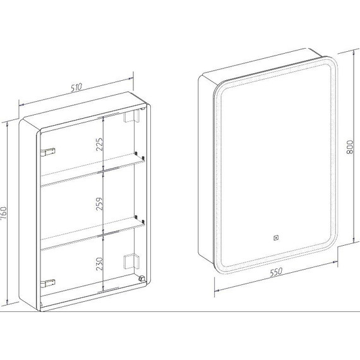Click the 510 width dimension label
pyautogui.click(x=76, y=88)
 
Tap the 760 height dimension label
pyautogui.click(x=4, y=213)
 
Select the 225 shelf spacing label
pyautogui.click(x=99, y=144)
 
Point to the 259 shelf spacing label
pyautogui.click(x=99, y=204)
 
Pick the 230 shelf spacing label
pyautogui.click(x=99, y=264)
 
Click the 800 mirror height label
pyautogui.click(x=350, y=147)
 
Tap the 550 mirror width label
pyautogui.click(x=276, y=272)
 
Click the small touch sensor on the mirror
pyautogui.click(x=276, y=238)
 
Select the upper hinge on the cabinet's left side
pyautogui.click(x=48, y=152)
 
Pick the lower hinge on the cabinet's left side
pyautogui.click(x=48, y=283)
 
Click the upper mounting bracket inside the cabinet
pyautogui.click(x=131, y=116)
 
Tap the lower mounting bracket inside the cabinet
pyautogui.click(x=131, y=261)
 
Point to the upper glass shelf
pyautogui.click(x=93, y=170)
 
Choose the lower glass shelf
pyautogui.click(x=93, y=234)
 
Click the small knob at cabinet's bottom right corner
pyautogui.click(x=141, y=279)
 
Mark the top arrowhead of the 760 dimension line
pyautogui.click(x=8, y=124)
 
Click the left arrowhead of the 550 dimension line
pyautogui.click(x=217, y=291)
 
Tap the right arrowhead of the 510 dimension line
pyautogui.click(x=131, y=78)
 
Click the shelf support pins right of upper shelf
pyautogui.click(x=140, y=155)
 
